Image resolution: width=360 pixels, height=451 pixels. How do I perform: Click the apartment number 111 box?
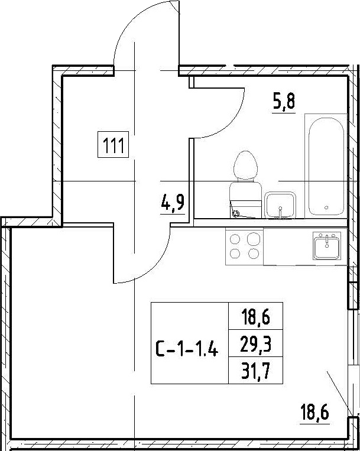coord(113,144)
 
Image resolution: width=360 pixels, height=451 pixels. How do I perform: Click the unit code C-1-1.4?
coord(187,348)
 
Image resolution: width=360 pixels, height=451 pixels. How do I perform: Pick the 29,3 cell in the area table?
coord(255,343)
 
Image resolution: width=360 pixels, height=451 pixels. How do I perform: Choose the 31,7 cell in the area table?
coord(255,371)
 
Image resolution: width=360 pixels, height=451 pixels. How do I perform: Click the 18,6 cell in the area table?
coord(255,316)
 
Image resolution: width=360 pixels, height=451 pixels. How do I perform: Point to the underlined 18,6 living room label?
coord(314,412)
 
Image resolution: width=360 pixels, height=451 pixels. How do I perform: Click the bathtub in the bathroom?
coord(326,166)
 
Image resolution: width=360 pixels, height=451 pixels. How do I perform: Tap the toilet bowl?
coord(245,166)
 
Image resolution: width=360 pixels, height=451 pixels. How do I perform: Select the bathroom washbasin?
coord(280,205)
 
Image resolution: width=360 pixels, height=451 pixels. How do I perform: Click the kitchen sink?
coord(327,245)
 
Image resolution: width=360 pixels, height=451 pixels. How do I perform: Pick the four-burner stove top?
coord(244,246)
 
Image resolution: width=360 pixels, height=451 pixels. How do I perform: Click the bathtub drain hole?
coord(326,207)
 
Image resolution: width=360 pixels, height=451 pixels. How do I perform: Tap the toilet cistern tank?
coord(245,200)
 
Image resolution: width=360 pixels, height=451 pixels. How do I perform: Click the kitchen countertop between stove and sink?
coord(288,246)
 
